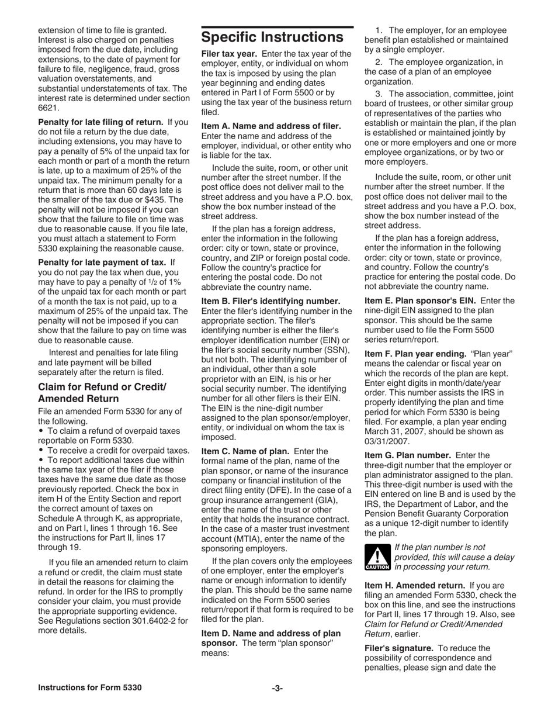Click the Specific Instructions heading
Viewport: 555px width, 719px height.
tap(272, 37)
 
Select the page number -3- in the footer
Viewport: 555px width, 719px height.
tap(277, 688)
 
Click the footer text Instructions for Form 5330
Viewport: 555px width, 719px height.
tap(89, 688)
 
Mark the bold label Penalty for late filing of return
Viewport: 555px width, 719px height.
tap(100, 123)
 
